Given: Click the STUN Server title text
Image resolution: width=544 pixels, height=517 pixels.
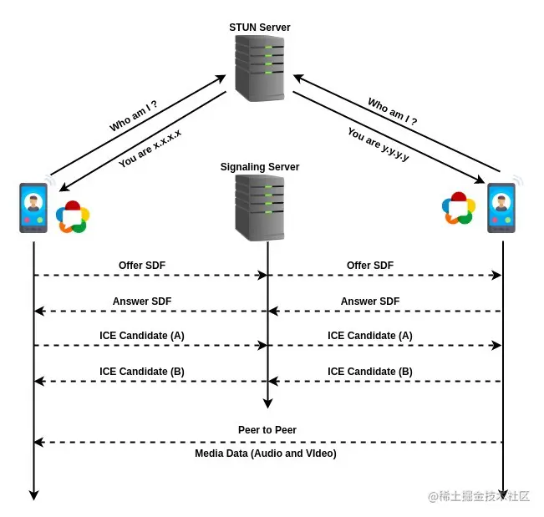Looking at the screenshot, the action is (260, 28).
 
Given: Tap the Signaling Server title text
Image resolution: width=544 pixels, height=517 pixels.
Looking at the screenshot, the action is (260, 167).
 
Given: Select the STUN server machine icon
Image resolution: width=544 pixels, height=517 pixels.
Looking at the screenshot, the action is (260, 68).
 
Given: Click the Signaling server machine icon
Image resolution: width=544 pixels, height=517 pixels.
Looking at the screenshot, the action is (260, 208).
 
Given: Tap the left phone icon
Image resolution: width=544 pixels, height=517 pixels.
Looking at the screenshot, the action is (33, 208).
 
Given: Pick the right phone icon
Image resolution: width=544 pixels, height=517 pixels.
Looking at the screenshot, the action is (501, 208).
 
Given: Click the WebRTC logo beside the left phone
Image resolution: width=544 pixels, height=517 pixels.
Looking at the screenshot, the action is (73, 216).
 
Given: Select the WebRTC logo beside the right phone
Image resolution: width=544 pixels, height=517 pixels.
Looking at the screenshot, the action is (459, 208).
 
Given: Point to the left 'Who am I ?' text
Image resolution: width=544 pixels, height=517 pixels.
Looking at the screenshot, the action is (134, 116).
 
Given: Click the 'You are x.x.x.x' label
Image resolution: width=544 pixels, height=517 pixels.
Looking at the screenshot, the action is (150, 148).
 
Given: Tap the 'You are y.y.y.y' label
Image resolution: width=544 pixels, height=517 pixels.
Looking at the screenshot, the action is (379, 144).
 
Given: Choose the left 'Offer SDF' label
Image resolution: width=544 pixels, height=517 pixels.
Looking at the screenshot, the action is (142, 266).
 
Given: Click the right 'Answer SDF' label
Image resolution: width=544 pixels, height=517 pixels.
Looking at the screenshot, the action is (370, 301).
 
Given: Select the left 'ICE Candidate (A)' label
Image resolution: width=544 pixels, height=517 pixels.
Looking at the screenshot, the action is (142, 336).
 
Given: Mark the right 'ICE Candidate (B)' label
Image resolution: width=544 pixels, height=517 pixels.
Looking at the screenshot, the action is (370, 372).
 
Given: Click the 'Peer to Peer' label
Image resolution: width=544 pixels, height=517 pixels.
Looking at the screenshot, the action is (267, 430).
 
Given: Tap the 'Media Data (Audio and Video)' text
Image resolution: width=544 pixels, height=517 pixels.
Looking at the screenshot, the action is (266, 454).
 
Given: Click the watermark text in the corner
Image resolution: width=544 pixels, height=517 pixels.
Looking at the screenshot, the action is (479, 496).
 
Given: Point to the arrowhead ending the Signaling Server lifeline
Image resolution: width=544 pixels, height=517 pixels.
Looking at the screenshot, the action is (267, 404).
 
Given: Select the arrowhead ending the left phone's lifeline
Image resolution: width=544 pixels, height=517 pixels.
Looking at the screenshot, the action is (33, 495).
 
